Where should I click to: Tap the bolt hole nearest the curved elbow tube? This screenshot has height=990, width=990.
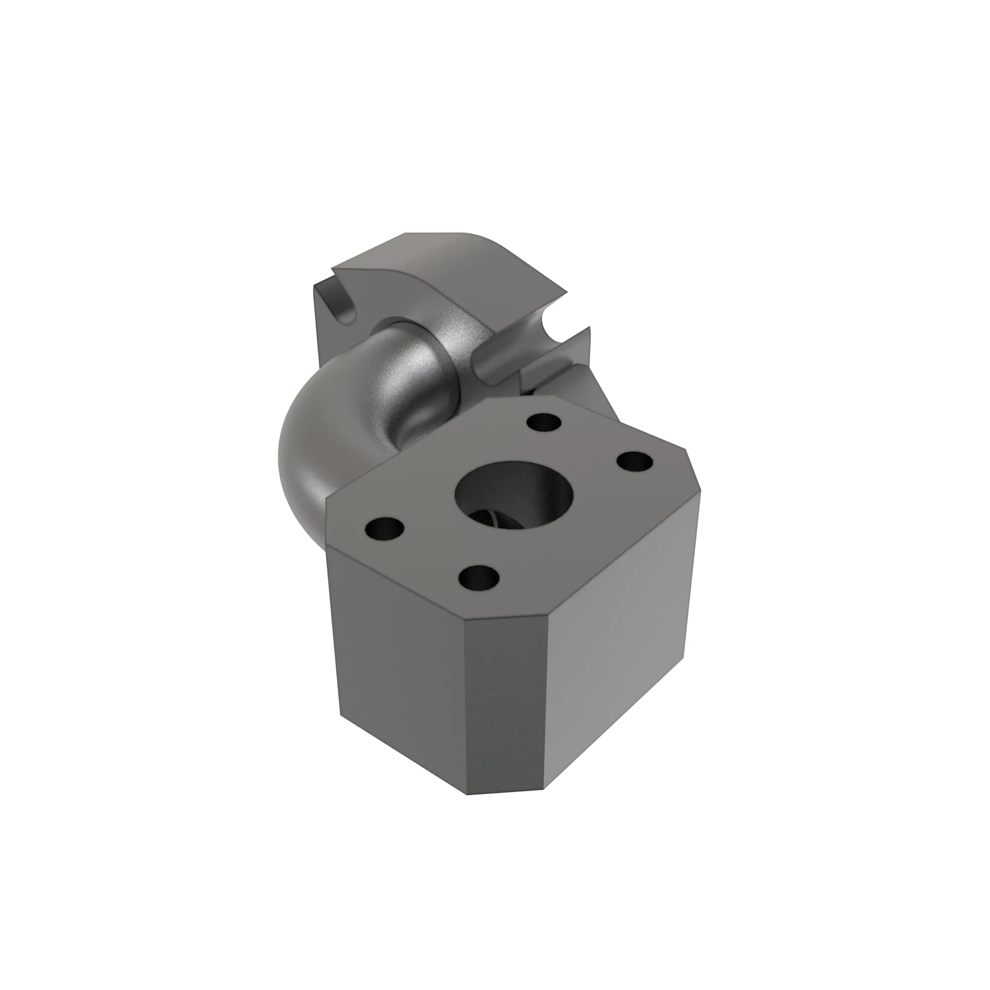click(x=544, y=423)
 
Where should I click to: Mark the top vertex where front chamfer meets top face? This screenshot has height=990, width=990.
click(x=464, y=624)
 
